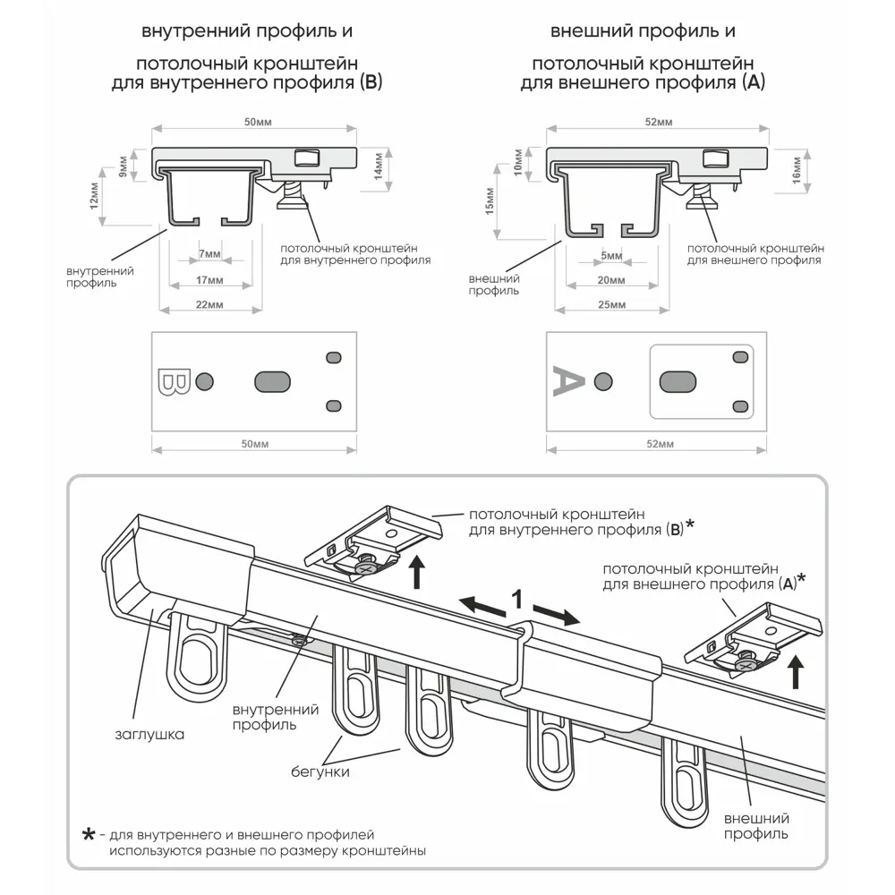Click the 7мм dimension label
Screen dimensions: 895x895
click(209, 255)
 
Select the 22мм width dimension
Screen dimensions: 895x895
click(209, 305)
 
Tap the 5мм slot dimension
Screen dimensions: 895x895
click(611, 256)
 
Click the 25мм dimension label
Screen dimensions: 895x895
click(611, 305)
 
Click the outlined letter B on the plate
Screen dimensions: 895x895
click(173, 382)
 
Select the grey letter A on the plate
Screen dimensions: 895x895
click(568, 381)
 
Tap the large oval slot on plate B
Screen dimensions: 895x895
click(273, 382)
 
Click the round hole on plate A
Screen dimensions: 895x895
click(604, 382)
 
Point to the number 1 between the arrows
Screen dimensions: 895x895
click(516, 597)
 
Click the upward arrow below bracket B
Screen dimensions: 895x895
click(417, 572)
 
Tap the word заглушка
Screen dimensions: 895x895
click(149, 735)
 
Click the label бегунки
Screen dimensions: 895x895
click(320, 771)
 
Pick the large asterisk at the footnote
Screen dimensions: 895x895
click(88, 835)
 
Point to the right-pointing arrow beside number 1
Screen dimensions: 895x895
click(558, 616)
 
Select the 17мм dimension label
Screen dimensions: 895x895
click(209, 280)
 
